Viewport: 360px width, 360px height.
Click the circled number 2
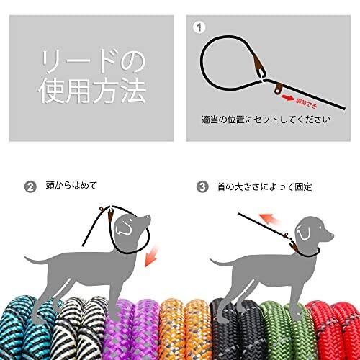(x=30, y=187)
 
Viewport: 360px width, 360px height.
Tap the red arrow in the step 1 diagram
(x=289, y=94)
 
